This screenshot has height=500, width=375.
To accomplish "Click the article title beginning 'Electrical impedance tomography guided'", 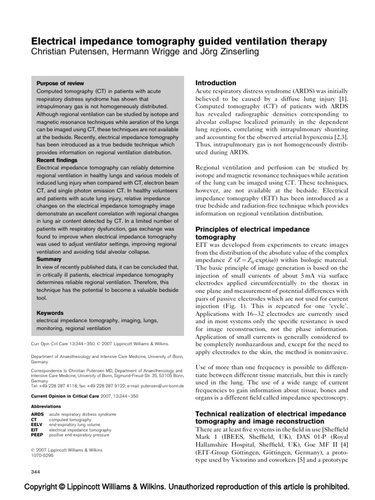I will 179,42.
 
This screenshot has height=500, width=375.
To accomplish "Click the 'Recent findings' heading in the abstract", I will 57,160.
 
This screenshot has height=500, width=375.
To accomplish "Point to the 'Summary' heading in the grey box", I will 49,259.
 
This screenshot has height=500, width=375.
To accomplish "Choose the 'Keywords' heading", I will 50,312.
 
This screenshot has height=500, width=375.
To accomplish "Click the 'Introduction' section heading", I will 215,83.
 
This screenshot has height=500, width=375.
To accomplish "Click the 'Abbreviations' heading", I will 46,406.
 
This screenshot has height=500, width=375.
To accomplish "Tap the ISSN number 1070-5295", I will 42,455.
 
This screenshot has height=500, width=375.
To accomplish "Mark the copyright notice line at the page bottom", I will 187,487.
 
